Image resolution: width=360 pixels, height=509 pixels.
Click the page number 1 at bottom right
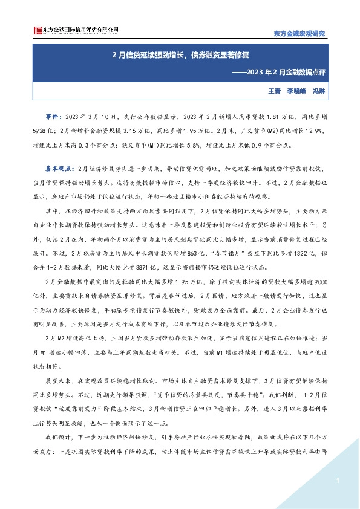(x=335, y=481)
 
